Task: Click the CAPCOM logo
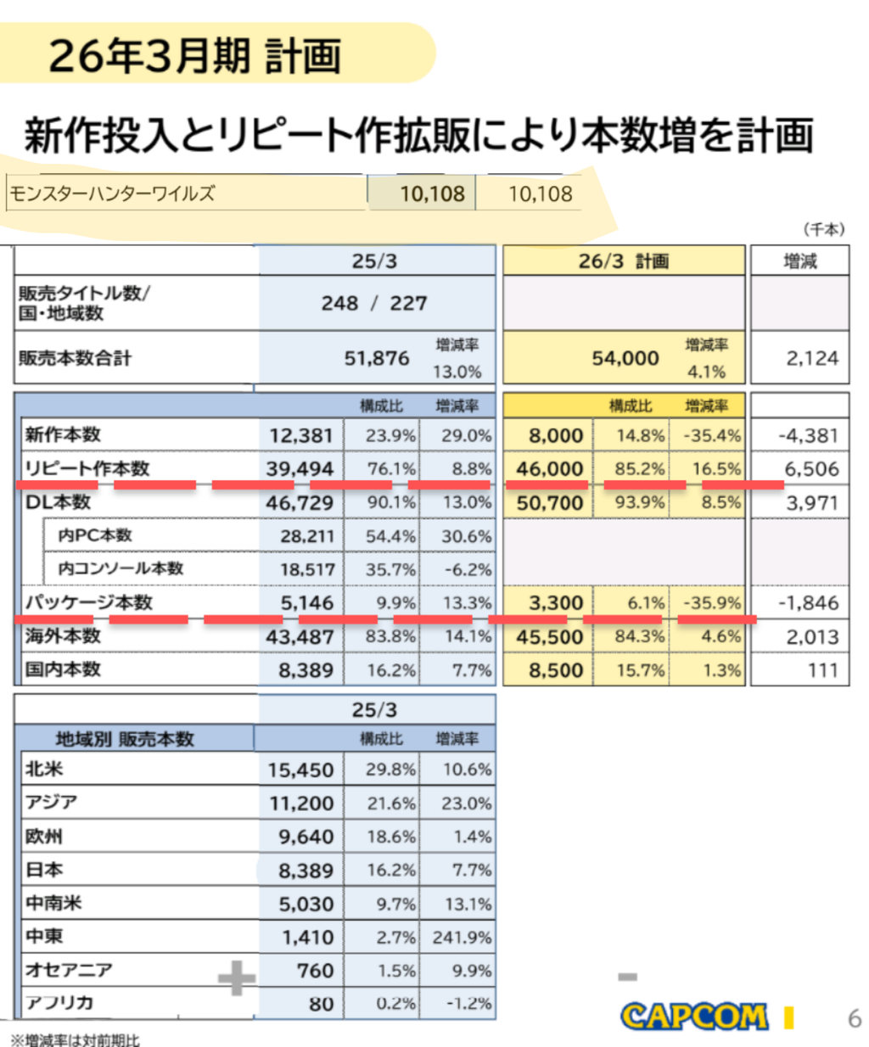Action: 694,1016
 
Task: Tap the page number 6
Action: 854,1018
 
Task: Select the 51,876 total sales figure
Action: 377,359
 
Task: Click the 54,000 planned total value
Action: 625,359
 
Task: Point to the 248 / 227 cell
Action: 374,304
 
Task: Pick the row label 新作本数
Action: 63,434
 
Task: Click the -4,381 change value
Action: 809,436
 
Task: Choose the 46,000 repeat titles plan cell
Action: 550,469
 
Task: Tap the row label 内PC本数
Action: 95,535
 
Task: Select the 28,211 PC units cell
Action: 307,536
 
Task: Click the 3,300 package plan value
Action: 556,602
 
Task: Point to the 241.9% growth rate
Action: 462,938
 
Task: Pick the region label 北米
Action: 44,769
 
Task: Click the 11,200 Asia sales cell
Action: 301,803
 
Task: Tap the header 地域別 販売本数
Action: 125,739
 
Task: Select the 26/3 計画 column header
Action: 623,261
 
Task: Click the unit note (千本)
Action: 824,230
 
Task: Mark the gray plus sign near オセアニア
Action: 237,977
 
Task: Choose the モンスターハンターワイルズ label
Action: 112,193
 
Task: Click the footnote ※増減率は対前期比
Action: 76,1039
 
